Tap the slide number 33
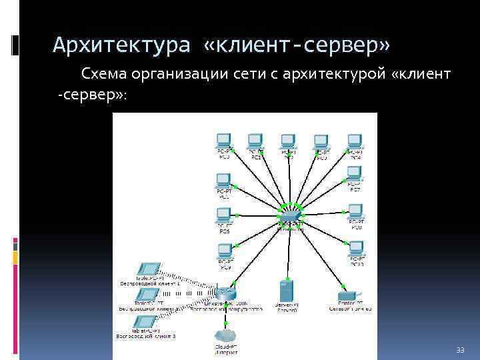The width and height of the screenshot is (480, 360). tap(459, 351)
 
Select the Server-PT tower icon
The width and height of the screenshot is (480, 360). tap(287, 291)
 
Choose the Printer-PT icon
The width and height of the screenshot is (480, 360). tap(350, 294)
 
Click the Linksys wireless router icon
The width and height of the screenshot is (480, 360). tap(223, 294)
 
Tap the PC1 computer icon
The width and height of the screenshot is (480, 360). tap(255, 141)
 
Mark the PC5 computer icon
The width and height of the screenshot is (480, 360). tap(224, 216)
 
